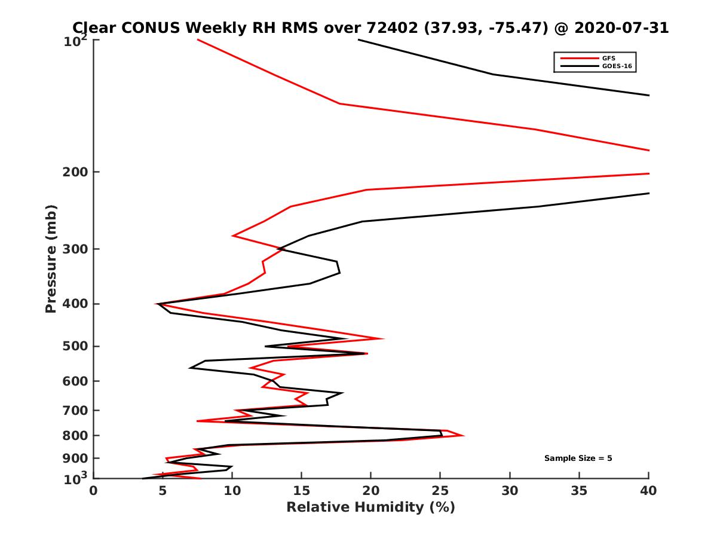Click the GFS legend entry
coord(609,58)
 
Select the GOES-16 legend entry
coord(616,66)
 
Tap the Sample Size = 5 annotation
coord(578,458)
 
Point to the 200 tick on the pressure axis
coord(75,172)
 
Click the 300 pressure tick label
coord(75,249)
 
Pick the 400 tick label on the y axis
coord(75,304)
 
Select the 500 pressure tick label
coord(75,346)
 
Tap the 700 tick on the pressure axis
coord(75,410)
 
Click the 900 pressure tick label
coord(75,458)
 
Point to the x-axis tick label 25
coord(440,491)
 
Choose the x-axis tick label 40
coord(649,491)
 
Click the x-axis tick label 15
coord(301,491)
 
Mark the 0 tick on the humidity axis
coord(93,491)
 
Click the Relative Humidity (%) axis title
coord(370,508)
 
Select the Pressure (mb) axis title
coord(51,258)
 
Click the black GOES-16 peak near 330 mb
coord(339,273)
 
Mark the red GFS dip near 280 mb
coord(233,236)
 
